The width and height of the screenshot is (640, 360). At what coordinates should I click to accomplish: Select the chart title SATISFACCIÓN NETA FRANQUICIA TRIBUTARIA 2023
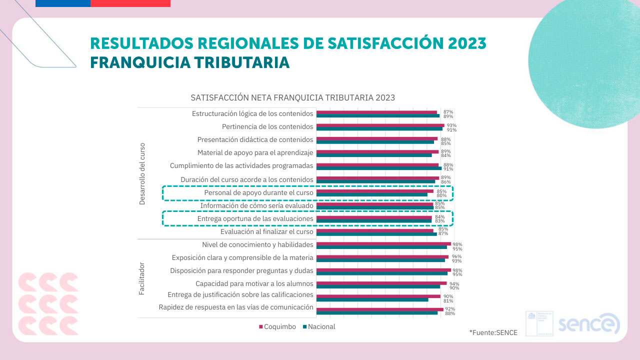(x=293, y=97)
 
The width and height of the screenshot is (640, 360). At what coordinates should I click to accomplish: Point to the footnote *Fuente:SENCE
(x=493, y=332)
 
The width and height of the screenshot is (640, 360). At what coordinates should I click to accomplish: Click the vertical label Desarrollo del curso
(x=142, y=173)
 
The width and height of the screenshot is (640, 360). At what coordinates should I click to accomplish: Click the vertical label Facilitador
(x=142, y=278)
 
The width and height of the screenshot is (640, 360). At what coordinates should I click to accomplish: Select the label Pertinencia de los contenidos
(x=267, y=126)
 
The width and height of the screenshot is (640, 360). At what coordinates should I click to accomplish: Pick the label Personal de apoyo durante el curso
(x=258, y=192)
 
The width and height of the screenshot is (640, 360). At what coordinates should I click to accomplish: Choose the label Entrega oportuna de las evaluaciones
(x=255, y=218)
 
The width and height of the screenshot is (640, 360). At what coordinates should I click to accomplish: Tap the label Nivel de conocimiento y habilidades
(x=257, y=245)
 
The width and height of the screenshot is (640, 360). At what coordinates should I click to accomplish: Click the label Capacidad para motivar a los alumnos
(x=254, y=283)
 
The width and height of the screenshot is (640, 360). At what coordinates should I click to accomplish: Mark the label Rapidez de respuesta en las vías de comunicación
(x=236, y=307)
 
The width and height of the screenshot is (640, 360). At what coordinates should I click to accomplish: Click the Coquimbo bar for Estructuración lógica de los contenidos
(x=376, y=112)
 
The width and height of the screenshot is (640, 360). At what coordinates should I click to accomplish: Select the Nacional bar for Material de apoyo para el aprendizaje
(x=374, y=155)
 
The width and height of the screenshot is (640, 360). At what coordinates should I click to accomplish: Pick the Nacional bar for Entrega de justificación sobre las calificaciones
(x=372, y=300)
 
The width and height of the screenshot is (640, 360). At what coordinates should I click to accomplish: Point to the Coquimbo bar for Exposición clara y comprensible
(x=382, y=256)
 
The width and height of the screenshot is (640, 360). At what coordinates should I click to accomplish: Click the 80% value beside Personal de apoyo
(x=441, y=195)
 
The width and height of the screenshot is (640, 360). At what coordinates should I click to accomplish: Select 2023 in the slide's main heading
(x=467, y=43)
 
